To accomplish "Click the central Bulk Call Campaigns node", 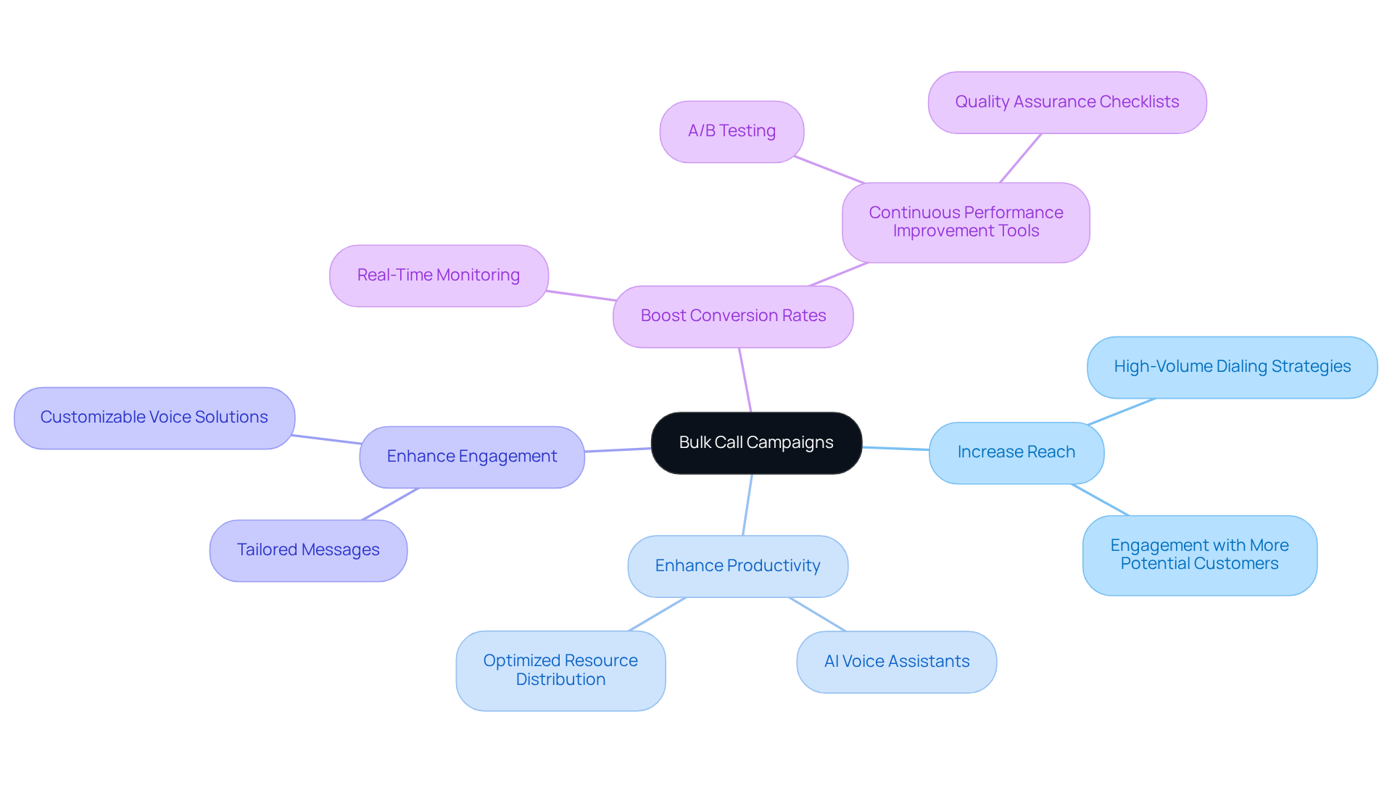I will pyautogui.click(x=756, y=443).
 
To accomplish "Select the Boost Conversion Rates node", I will pyautogui.click(x=733, y=316).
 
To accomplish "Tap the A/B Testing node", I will pyautogui.click(x=732, y=131).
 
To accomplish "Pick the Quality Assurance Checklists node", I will pyautogui.click(x=1066, y=102).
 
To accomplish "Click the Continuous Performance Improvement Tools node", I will pyautogui.click(x=966, y=222).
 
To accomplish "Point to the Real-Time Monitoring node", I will pyautogui.click(x=439, y=275).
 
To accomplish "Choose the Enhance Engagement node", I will pyautogui.click(x=472, y=457).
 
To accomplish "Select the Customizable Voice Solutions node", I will pyautogui.click(x=154, y=418).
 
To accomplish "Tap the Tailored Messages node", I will pyautogui.click(x=308, y=550).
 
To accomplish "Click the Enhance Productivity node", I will pyautogui.click(x=737, y=566).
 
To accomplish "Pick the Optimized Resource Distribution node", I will pyautogui.click(x=560, y=670).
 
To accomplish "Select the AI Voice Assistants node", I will pyautogui.click(x=896, y=662).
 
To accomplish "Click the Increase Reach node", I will pyautogui.click(x=1016, y=452).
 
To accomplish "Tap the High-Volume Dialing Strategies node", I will pyautogui.click(x=1232, y=367).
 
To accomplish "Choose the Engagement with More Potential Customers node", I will pyautogui.click(x=1199, y=555).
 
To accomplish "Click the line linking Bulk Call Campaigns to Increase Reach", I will pyautogui.click(x=895, y=449).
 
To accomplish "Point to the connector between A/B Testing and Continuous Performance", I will pyautogui.click(x=829, y=170).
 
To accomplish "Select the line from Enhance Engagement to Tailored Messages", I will pyautogui.click(x=390, y=504).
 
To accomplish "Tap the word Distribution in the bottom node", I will pyautogui.click(x=560, y=680).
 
